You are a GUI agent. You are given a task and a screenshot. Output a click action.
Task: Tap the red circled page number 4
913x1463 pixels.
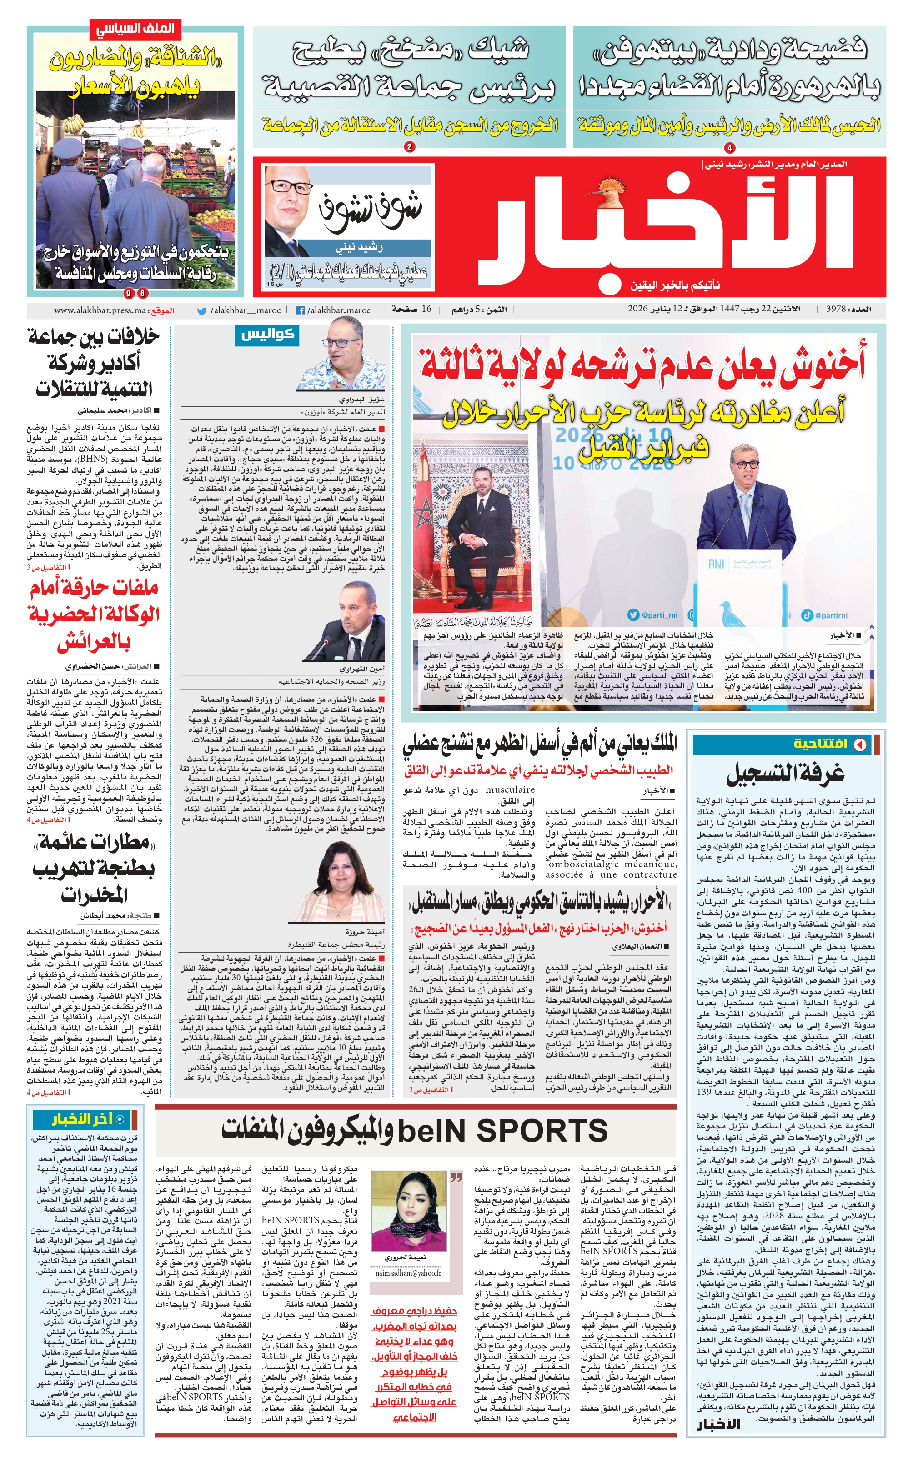pyautogui.click(x=729, y=147)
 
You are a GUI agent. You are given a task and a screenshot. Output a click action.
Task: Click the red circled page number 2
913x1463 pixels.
pyautogui.click(x=409, y=147)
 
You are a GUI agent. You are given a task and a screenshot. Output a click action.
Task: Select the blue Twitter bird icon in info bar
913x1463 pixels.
pyautogui.click(x=202, y=311)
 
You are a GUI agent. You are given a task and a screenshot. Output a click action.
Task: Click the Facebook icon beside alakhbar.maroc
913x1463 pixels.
pyautogui.click(x=300, y=311)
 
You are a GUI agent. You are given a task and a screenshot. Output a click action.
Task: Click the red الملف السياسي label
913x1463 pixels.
pyautogui.click(x=135, y=28)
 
